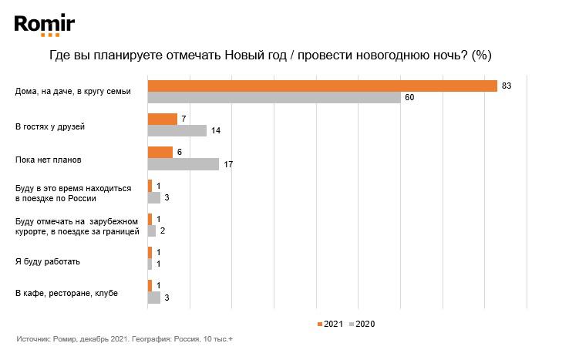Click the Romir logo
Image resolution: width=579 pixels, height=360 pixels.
45,26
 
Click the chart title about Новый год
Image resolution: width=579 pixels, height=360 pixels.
270,56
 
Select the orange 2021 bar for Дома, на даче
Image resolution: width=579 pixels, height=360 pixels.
321,86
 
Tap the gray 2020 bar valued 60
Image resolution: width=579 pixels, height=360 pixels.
274,97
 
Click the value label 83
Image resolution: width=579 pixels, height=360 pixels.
507,86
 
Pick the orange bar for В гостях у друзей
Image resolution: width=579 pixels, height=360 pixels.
162,119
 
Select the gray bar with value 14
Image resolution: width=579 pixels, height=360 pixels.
177,130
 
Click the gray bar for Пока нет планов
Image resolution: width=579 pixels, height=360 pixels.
183,163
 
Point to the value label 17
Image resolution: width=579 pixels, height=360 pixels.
227,163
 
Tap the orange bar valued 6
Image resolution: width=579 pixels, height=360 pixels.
160,152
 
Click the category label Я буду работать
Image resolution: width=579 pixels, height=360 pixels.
48,261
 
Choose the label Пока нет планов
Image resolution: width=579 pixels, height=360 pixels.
49,160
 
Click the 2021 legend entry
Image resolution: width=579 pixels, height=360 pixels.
329,324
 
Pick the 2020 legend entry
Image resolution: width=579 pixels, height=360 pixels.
362,324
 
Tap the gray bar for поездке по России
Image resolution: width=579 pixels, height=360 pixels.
153,197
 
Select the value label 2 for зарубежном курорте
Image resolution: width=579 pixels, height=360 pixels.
162,230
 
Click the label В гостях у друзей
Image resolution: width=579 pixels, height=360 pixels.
55,125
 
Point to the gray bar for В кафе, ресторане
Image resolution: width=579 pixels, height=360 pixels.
153,297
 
